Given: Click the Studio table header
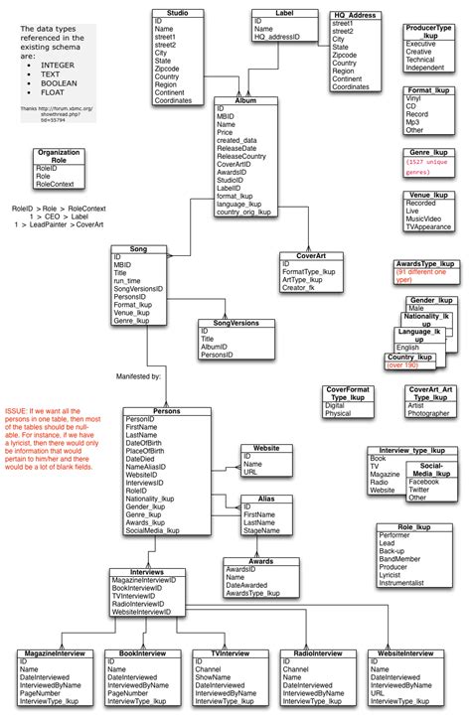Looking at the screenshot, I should pyautogui.click(x=179, y=12).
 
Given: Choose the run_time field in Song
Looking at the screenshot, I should pyautogui.click(x=126, y=281).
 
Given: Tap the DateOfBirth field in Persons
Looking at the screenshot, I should pyautogui.click(x=147, y=443).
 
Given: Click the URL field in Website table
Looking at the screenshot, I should pyautogui.click(x=250, y=473).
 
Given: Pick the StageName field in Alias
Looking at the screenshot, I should pyautogui.click(x=262, y=531).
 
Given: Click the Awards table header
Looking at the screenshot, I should pyautogui.click(x=261, y=561).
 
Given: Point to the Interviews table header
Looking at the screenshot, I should pyautogui.click(x=146, y=572).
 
